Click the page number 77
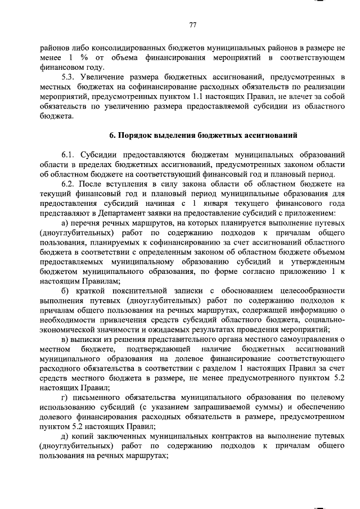pos(192,25)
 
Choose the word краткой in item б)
pos(85,290)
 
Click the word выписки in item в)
pos(87,340)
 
